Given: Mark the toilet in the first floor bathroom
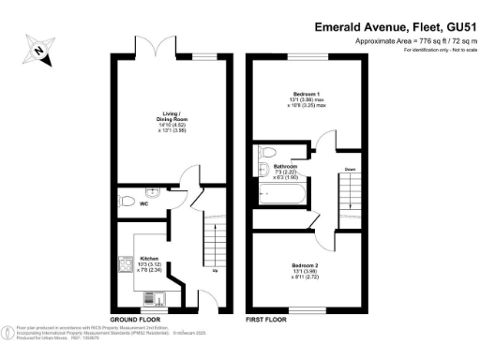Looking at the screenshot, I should point(267,152).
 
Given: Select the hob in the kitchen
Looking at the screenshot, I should point(124,266).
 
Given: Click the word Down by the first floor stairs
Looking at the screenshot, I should point(349,170).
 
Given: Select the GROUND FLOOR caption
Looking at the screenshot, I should point(138,319).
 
